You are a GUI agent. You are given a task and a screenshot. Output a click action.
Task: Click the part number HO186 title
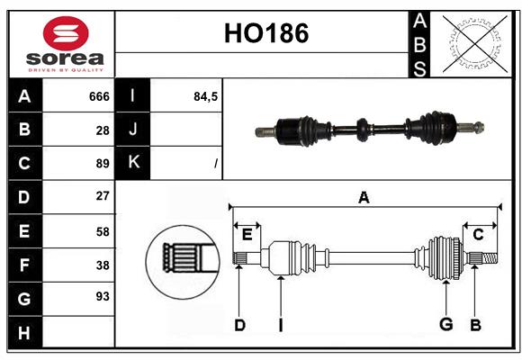pyautogui.click(x=265, y=33)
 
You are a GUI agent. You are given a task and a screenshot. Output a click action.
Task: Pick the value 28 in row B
pyautogui.click(x=102, y=130)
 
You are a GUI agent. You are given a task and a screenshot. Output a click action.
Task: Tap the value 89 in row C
pyautogui.click(x=102, y=164)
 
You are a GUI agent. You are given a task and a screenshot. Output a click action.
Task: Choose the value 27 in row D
pyautogui.click(x=102, y=195)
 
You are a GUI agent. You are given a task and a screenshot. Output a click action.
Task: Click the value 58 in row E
pyautogui.click(x=102, y=231)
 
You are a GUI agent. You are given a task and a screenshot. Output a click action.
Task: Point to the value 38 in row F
pyautogui.click(x=102, y=265)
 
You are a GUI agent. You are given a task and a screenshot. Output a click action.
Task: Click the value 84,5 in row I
pyautogui.click(x=206, y=96)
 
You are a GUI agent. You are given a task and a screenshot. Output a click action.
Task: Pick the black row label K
pyautogui.click(x=134, y=163)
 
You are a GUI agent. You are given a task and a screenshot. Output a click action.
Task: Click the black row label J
pyautogui.click(x=134, y=130)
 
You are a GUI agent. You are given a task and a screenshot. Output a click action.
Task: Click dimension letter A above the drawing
pyautogui.click(x=364, y=197)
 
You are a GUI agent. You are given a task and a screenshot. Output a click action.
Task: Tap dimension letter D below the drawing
pyautogui.click(x=239, y=325)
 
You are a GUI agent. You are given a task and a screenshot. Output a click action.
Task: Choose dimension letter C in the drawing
pyautogui.click(x=478, y=234)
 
